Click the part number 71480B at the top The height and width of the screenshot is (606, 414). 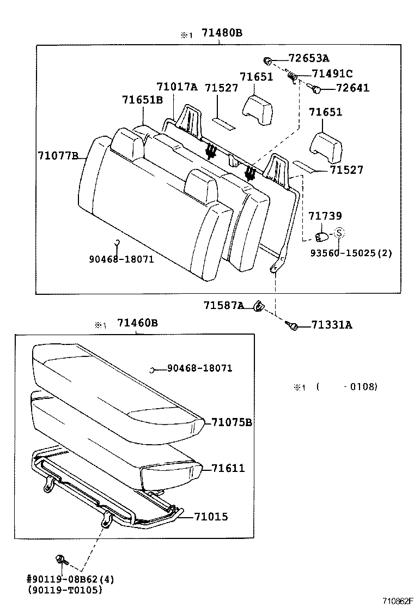pyautogui.click(x=222, y=33)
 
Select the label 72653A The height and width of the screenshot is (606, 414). pyautogui.click(x=309, y=58)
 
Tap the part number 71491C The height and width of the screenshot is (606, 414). pyautogui.click(x=332, y=74)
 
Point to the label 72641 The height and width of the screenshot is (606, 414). pyautogui.click(x=352, y=88)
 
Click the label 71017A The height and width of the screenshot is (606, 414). pyautogui.click(x=177, y=87)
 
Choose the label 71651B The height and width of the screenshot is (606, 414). pyautogui.click(x=142, y=100)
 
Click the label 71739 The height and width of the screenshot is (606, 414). pyautogui.click(x=325, y=217)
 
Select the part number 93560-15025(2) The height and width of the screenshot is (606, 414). pyautogui.click(x=351, y=253)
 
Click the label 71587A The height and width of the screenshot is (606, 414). pyautogui.click(x=224, y=306)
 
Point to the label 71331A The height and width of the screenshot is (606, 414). pyautogui.click(x=332, y=325)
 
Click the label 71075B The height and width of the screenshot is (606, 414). pyautogui.click(x=232, y=422)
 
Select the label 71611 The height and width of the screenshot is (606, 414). pyautogui.click(x=228, y=468)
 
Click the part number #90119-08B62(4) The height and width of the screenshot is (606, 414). pyautogui.click(x=71, y=579)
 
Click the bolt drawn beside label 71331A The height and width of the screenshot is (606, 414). pyautogui.click(x=291, y=325)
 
